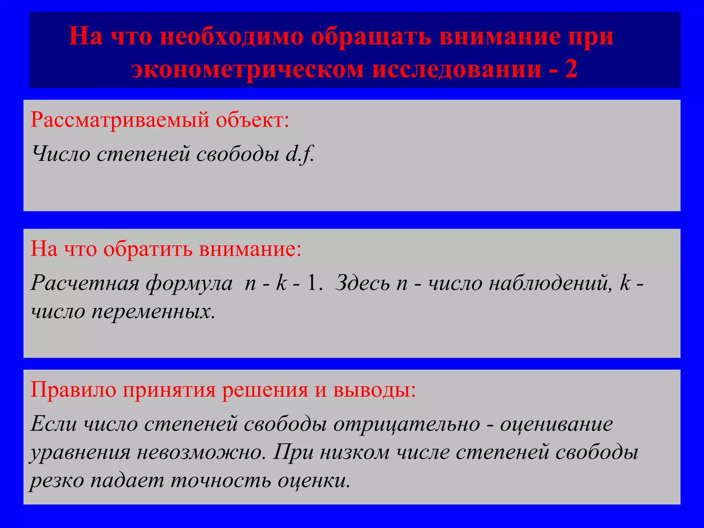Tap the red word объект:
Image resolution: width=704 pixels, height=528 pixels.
click(252, 120)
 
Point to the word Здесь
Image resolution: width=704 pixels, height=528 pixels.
click(363, 283)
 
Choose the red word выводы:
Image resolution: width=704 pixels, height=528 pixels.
click(374, 390)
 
